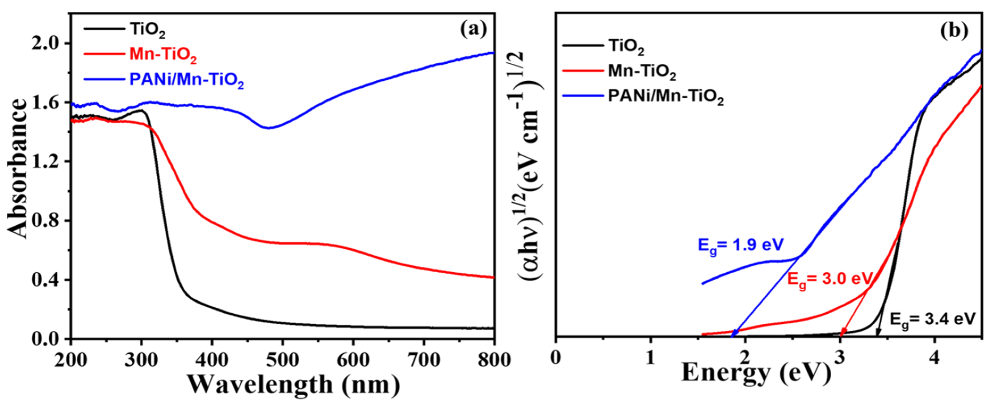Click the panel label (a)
[x=473, y=30]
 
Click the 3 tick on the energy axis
[x=840, y=358]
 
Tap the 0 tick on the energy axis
[x=556, y=358]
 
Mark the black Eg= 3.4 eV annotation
[x=932, y=320]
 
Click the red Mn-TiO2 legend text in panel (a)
[x=163, y=55]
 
